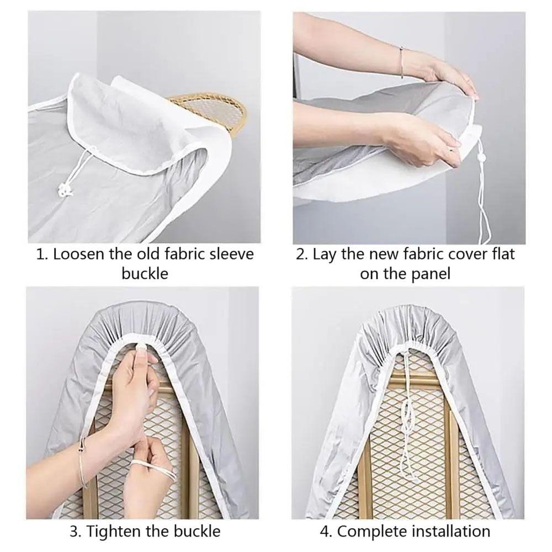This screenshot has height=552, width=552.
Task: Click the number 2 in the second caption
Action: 300,254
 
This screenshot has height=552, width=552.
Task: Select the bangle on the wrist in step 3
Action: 84,464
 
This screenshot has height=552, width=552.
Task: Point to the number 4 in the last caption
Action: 325,531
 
